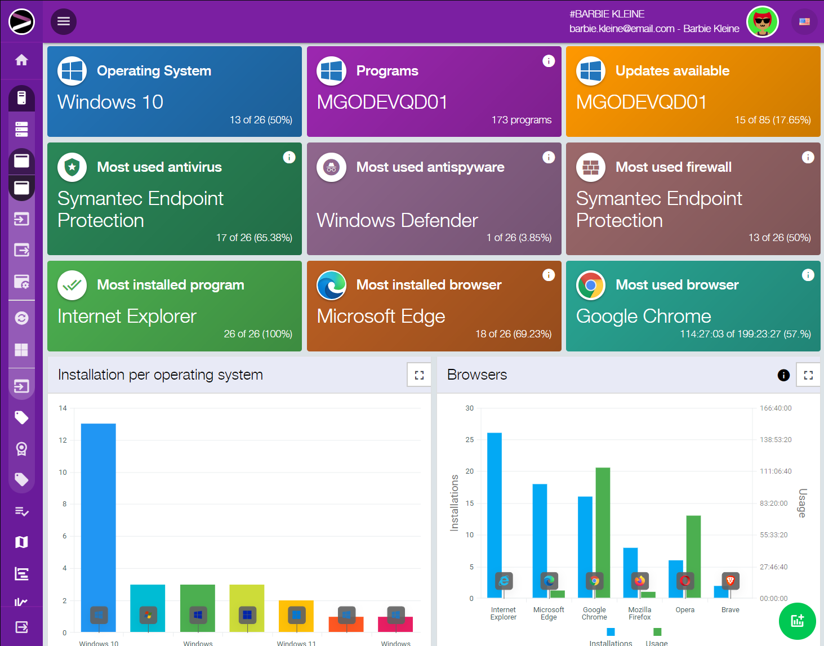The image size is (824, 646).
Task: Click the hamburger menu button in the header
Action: pos(64,21)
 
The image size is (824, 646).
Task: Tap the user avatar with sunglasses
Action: pos(762,22)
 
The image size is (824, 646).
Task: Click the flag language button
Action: pos(804,22)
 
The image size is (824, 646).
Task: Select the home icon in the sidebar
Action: pos(21,60)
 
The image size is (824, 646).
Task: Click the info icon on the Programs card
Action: pos(549,61)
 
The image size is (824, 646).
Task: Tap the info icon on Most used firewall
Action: pos(808,157)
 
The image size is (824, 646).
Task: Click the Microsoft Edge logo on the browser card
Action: pos(331,285)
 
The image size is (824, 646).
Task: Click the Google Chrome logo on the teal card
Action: pos(590,285)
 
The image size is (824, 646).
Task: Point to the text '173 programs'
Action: pos(521,120)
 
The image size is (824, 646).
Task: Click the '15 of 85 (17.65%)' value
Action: pos(772,120)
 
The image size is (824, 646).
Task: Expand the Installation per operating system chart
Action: pos(419,375)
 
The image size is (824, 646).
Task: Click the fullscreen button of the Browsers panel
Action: pos(808,375)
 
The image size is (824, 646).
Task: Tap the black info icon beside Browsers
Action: pos(783,375)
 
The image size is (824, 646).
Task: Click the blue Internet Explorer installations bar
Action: pos(494,507)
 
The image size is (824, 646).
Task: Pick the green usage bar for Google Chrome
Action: pos(603,524)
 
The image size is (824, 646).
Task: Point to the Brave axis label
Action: pos(730,610)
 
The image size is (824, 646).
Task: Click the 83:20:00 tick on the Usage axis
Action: pos(773,504)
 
